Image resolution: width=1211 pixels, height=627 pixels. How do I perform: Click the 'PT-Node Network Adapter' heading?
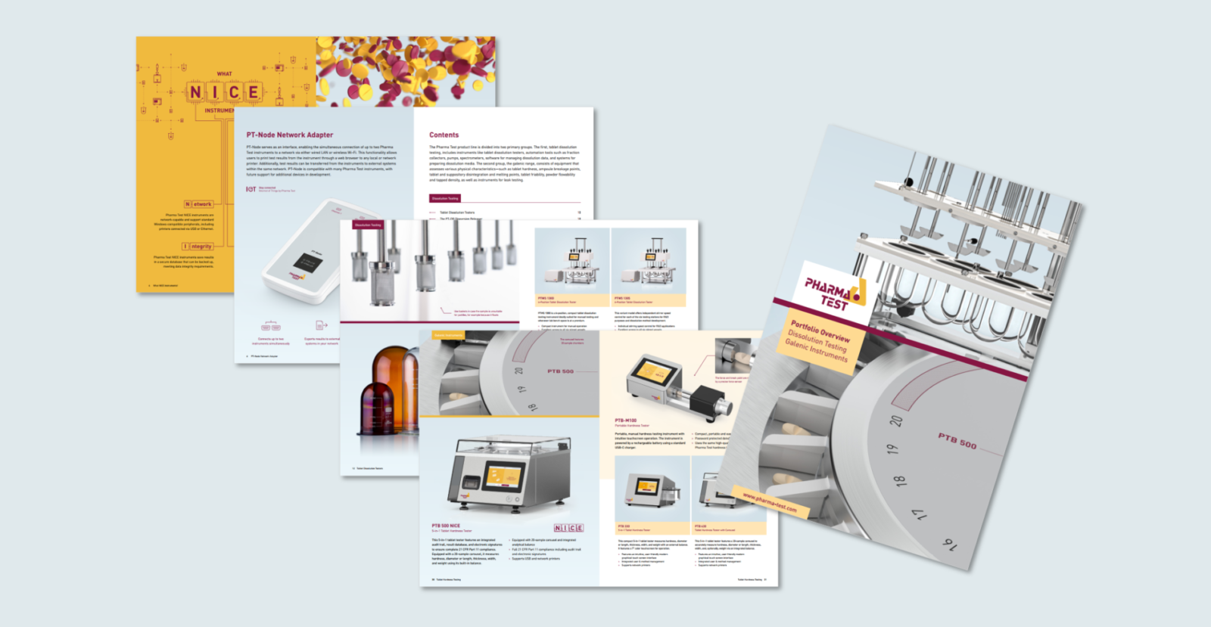(289, 135)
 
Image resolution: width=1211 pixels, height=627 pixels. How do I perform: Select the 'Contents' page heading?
(444, 135)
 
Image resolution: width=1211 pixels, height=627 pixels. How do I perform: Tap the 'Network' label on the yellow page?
(199, 204)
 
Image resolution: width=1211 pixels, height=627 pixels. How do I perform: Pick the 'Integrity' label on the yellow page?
(198, 247)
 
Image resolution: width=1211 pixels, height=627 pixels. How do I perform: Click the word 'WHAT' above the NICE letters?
(224, 74)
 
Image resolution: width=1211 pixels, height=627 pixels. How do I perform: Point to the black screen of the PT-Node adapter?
(308, 263)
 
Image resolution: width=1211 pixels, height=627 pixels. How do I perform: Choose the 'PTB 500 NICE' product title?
(446, 525)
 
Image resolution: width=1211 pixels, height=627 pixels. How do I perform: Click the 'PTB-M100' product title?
(626, 420)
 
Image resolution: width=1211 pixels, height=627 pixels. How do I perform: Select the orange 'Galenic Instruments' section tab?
(448, 335)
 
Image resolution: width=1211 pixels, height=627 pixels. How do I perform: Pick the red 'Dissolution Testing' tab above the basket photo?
(368, 225)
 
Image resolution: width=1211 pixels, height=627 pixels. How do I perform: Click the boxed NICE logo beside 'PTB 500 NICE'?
(568, 528)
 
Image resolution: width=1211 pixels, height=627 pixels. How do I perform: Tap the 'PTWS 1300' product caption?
(546, 298)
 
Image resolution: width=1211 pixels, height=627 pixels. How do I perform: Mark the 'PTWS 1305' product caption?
(622, 298)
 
